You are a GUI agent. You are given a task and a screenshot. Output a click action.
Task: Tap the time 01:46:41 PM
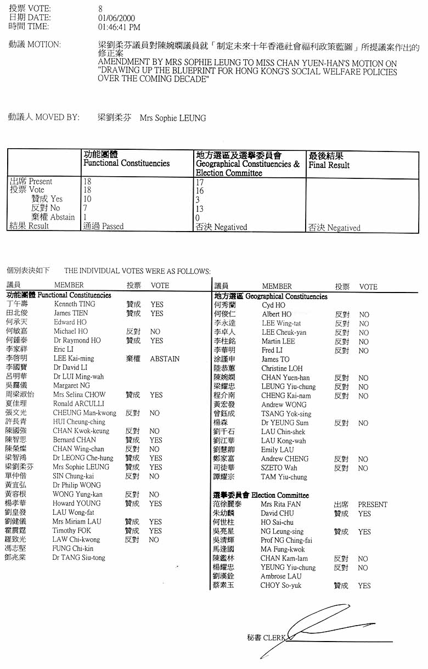click(x=119, y=27)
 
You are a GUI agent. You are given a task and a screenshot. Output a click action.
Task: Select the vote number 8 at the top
click(x=100, y=9)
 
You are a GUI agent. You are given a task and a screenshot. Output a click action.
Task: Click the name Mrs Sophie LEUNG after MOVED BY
click(x=173, y=118)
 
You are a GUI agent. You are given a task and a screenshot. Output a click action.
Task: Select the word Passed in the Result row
click(x=112, y=226)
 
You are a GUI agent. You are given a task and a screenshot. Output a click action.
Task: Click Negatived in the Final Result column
click(x=343, y=228)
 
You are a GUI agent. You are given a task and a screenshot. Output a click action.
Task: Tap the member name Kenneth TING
click(x=75, y=304)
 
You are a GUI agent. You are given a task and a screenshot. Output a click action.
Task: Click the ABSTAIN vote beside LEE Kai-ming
click(x=165, y=359)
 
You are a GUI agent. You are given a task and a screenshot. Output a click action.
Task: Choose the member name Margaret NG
click(x=71, y=386)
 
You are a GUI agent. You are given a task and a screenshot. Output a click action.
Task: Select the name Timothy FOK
click(x=72, y=531)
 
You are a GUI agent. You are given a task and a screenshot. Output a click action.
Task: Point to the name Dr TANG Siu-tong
click(x=79, y=558)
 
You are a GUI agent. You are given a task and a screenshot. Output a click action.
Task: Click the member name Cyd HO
click(x=273, y=305)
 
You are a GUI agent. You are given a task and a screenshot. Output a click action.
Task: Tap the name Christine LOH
click(x=281, y=369)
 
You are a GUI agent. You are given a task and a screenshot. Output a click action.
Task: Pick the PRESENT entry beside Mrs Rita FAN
click(x=373, y=504)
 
